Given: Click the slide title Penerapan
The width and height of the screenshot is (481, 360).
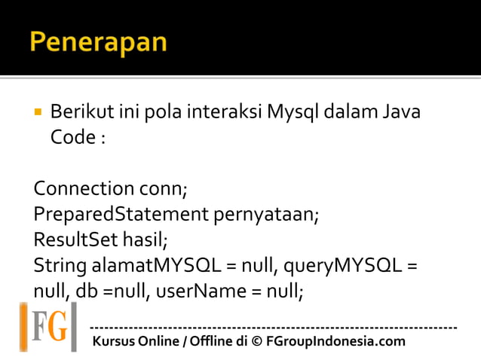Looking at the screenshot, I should click(98, 41).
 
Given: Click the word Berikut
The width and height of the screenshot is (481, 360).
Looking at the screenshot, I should click(82, 113).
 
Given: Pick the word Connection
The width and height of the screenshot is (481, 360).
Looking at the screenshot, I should click(82, 188).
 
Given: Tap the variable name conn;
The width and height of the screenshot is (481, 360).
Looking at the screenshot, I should click(164, 188).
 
